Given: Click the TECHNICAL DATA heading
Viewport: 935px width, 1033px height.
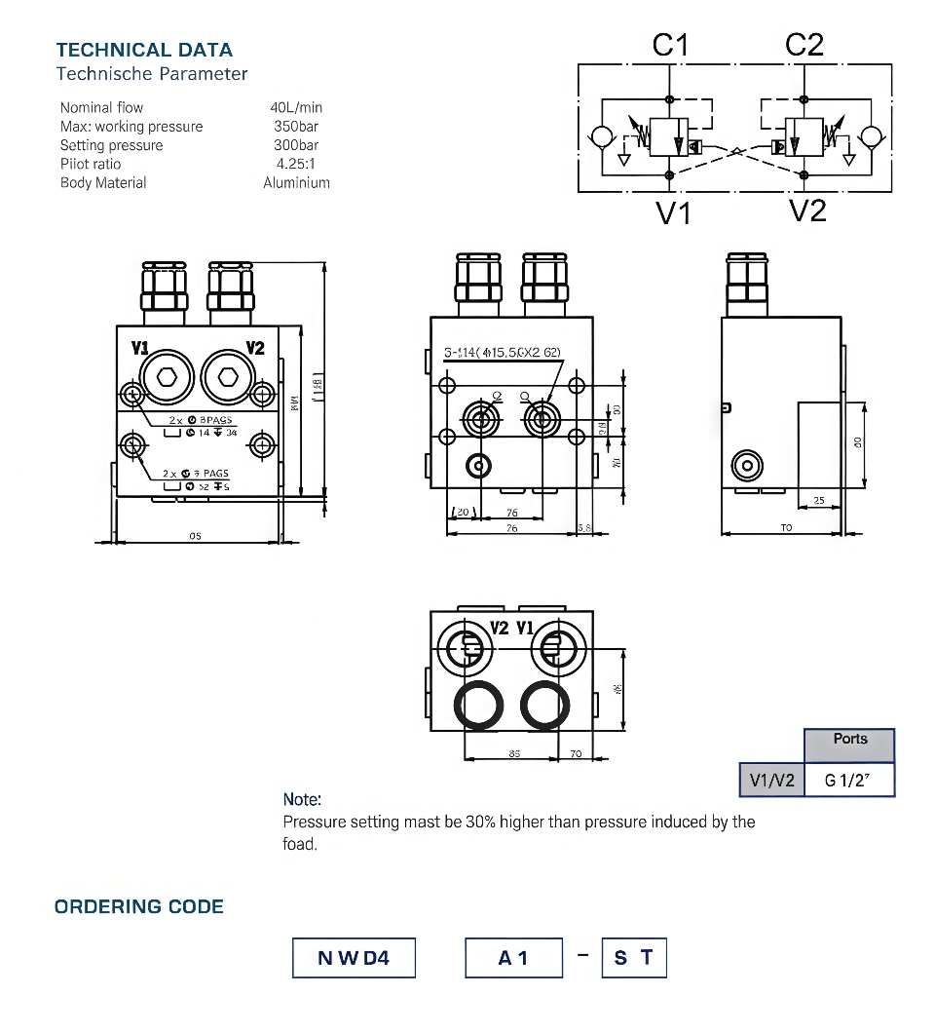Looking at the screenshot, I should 144,50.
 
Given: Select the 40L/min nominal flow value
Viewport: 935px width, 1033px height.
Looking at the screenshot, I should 296,108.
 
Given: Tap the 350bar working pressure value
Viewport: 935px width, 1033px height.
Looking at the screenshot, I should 296,127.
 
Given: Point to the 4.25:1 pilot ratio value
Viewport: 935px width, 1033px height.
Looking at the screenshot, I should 296,164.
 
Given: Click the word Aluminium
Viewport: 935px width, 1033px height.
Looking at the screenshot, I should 296,182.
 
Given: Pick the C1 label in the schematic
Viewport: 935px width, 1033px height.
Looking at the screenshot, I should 670,44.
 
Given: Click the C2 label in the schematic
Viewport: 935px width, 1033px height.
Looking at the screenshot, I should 804,44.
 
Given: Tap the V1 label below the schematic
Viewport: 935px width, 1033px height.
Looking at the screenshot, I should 673,212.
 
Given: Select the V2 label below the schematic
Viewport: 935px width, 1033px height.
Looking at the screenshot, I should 807,210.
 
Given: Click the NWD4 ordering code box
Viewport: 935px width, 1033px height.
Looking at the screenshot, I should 354,958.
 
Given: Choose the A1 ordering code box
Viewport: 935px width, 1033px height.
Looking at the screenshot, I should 513,958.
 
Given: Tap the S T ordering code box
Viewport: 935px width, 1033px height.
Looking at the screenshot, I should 634,958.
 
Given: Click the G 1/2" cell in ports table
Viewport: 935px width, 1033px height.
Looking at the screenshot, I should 848,780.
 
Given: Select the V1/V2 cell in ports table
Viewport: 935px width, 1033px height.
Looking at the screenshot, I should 771,780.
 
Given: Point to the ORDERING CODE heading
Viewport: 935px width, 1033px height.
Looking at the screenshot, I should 139,907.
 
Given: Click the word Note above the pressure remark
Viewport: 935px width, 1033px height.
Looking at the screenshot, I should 302,800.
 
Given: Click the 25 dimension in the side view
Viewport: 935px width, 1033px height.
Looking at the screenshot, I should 817,501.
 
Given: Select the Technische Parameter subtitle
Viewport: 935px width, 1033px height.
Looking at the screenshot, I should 152,74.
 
